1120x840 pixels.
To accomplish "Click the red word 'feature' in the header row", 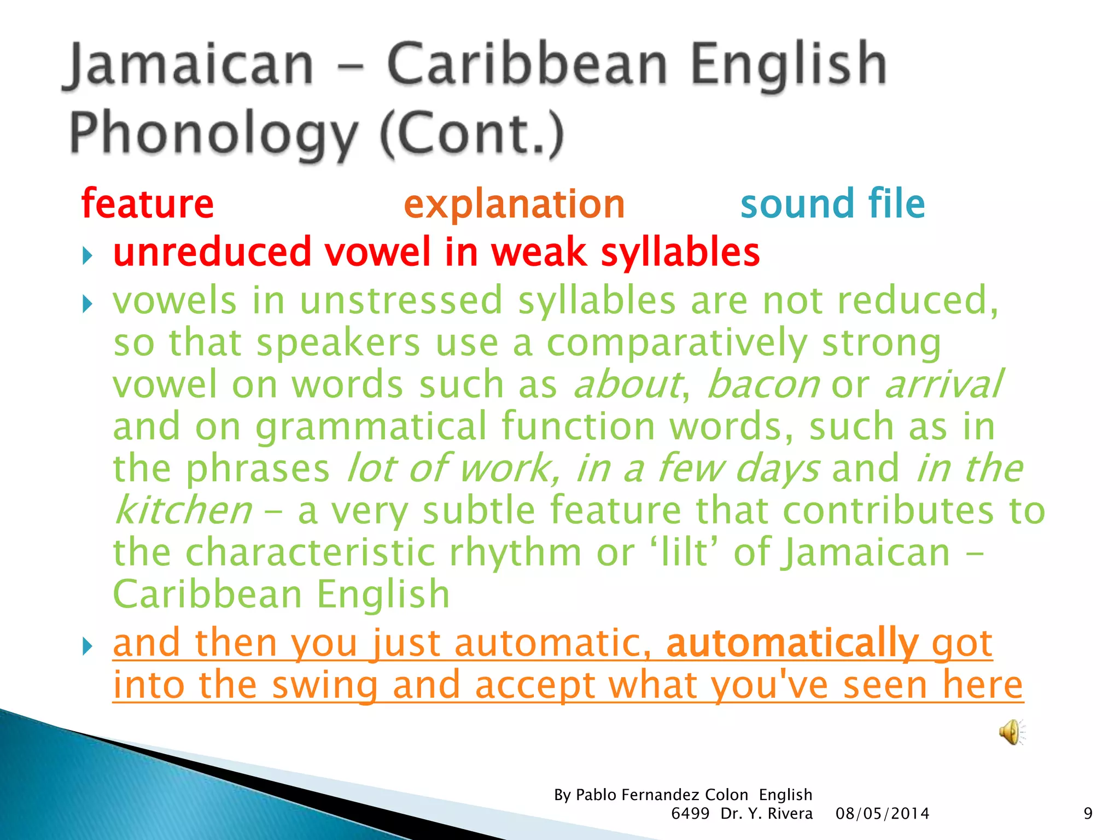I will [148, 203].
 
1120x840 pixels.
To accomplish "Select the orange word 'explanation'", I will [514, 205].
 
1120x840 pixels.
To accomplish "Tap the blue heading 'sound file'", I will [832, 203].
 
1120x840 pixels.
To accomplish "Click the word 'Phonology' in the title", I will [213, 133].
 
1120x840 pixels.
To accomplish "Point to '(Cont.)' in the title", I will [471, 133].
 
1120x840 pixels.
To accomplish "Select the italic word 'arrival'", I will [943, 384].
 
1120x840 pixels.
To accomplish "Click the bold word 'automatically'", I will [792, 643].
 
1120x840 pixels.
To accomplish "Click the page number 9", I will [1088, 814].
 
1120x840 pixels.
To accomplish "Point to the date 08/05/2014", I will [882, 814].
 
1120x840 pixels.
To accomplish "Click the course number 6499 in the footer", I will [690, 814].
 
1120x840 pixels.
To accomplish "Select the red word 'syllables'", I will [680, 253].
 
